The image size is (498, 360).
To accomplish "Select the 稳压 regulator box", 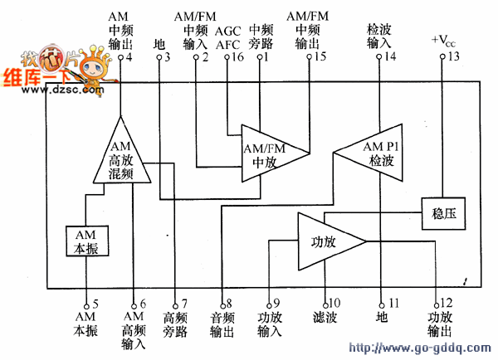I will [443, 216].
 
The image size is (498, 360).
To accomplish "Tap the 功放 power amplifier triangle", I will [327, 241].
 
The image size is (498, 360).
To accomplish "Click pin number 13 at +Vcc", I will [452, 56].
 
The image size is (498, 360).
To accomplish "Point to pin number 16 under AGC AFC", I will [237, 56].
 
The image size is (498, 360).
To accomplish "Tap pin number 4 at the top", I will [128, 57].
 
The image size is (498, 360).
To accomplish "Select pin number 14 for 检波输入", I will [389, 56].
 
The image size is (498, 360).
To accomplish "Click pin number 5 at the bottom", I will [95, 304].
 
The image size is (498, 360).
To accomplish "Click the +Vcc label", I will [444, 40].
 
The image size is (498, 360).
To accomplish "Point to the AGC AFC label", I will [227, 37].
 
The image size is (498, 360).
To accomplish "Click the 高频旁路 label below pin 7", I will [175, 325].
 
